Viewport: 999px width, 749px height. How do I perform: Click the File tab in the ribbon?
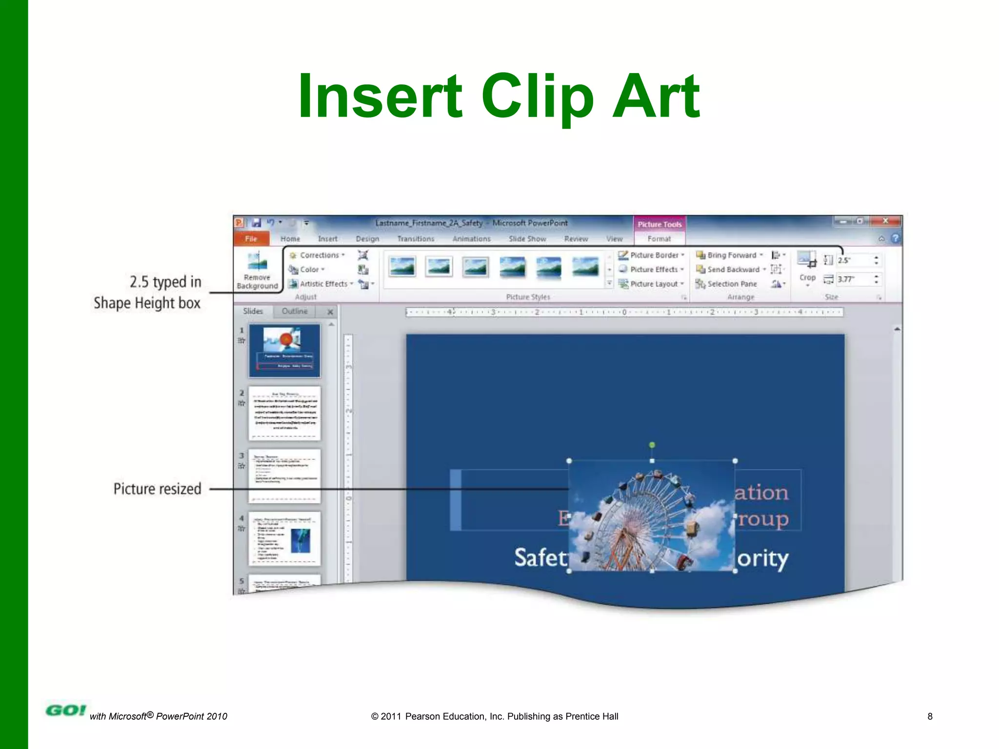tap(251, 238)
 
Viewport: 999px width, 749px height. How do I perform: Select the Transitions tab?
tap(415, 239)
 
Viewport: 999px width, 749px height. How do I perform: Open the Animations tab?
tap(471, 239)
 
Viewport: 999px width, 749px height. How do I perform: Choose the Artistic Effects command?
tap(323, 284)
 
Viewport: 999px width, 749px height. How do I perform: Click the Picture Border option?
tap(653, 255)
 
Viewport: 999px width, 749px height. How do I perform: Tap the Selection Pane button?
tap(731, 284)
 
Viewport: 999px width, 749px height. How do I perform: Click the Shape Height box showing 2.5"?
tap(854, 260)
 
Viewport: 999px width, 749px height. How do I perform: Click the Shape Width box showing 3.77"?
tap(854, 279)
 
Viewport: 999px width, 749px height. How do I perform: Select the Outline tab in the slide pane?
tap(295, 311)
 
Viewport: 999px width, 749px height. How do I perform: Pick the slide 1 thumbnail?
tap(285, 351)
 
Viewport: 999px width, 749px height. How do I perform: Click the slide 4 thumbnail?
tap(285, 538)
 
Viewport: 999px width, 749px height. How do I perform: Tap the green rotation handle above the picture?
tap(652, 445)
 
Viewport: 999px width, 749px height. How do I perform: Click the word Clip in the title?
tap(537, 96)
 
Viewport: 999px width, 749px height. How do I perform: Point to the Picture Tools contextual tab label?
tap(659, 224)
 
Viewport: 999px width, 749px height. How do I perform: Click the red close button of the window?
tap(885, 221)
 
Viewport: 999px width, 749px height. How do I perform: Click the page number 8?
tap(930, 716)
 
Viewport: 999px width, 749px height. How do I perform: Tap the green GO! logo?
tap(65, 710)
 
